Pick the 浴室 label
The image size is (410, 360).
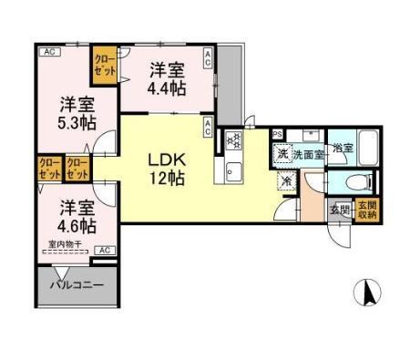click(x=342, y=147)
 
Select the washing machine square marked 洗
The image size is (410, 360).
click(x=282, y=154)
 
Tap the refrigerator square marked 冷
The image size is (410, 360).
click(x=288, y=180)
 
